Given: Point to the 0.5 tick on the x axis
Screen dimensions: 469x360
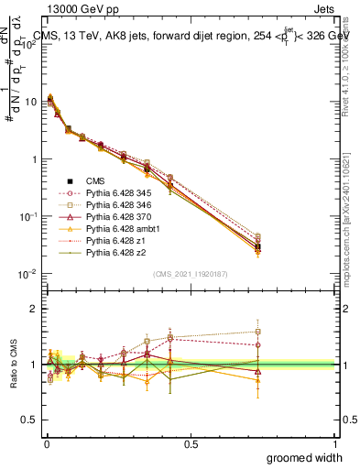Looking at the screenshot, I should [191, 444].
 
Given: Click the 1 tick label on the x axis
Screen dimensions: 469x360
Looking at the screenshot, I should [335, 444].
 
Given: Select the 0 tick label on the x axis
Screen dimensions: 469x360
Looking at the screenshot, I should [47, 444].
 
